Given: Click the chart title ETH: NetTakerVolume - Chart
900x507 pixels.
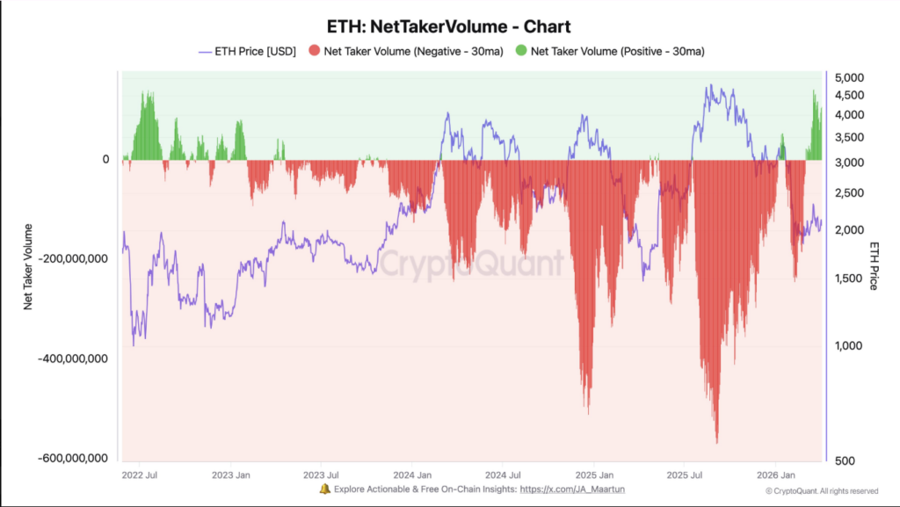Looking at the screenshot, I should (448, 27).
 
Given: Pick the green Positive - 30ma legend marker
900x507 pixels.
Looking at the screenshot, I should (521, 52).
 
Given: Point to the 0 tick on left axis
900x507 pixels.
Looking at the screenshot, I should (105, 159).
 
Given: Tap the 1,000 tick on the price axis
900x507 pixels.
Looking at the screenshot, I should (847, 345).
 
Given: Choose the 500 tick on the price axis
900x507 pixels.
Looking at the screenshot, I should (843, 460).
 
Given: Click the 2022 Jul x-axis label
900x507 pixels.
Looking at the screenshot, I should (142, 474).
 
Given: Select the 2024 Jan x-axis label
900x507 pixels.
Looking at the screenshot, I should (412, 474).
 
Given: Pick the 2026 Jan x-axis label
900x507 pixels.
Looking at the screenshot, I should (774, 474).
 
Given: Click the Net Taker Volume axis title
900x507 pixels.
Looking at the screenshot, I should (28, 266).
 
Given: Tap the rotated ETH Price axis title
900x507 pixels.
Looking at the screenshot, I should (875, 265).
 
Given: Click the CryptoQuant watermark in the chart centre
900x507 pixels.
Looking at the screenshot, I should (471, 263).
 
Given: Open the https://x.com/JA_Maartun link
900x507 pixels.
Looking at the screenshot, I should (573, 489).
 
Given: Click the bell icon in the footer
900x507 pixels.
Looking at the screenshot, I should (324, 489).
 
